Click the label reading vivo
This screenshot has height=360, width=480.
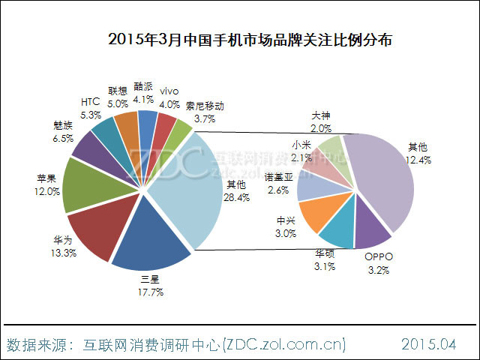pyautogui.click(x=169, y=92)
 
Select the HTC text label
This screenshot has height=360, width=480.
pyautogui.click(x=89, y=102)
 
